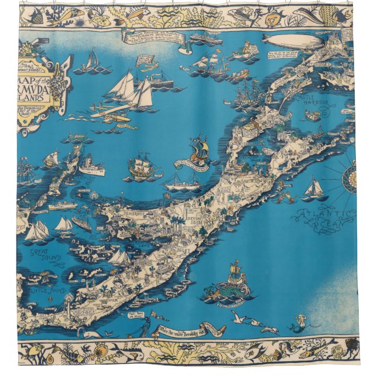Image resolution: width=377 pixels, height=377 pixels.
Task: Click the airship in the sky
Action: (x=293, y=42)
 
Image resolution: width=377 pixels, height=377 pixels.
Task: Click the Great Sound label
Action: (x=43, y=256)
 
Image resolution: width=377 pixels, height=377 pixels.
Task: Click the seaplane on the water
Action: (x=111, y=114)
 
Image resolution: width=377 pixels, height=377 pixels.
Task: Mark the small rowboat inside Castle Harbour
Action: (x=314, y=116)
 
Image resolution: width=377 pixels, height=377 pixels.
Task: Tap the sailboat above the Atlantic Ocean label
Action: (x=315, y=189)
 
